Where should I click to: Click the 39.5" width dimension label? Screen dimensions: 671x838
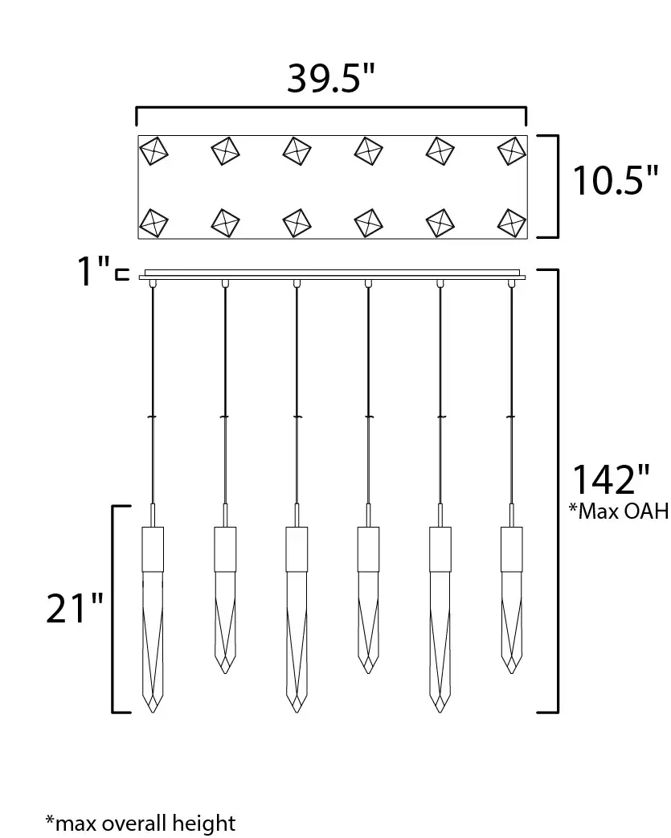(x=331, y=79)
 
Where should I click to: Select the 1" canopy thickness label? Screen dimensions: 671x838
(x=94, y=271)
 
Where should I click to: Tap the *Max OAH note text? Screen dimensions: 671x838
(x=619, y=511)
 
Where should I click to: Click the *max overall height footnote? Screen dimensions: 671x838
(x=141, y=823)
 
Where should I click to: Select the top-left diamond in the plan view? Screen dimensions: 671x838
(x=153, y=150)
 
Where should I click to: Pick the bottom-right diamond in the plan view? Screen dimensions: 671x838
(x=512, y=222)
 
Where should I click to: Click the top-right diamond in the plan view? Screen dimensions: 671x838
(x=512, y=150)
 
